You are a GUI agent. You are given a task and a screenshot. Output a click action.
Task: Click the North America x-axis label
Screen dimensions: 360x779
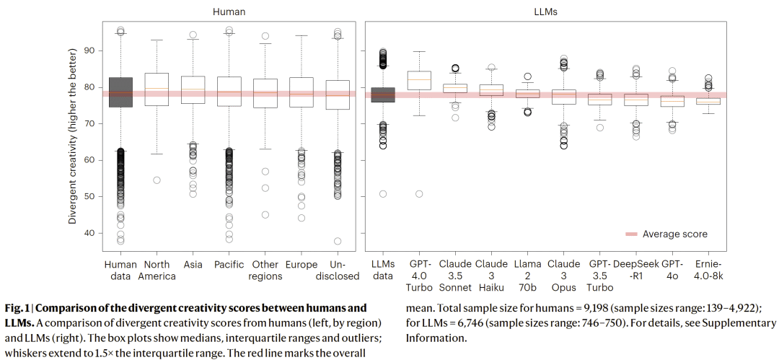[x=157, y=270]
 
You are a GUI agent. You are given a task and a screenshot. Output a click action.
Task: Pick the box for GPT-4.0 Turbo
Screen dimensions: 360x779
[x=419, y=81]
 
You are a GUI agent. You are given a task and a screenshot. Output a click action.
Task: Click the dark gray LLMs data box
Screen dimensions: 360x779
[x=382, y=95]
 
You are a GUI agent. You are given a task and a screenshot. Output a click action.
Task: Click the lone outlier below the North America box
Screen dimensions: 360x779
[x=157, y=180]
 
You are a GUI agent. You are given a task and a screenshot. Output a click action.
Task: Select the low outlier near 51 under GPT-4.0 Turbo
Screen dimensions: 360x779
[x=419, y=193]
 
